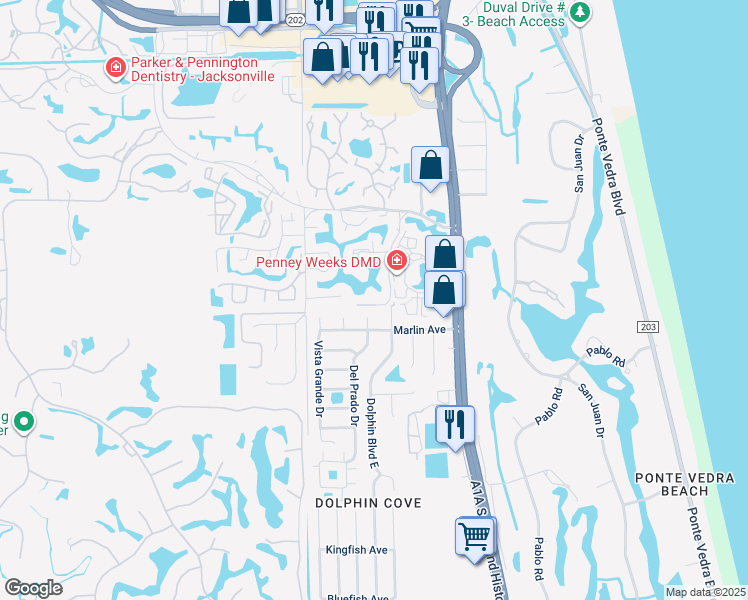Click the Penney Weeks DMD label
[x=319, y=263]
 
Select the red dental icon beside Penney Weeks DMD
[x=397, y=262]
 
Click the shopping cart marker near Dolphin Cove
[x=473, y=536]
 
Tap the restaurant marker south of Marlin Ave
[x=455, y=425]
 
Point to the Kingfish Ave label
[x=357, y=550]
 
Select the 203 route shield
[x=645, y=327]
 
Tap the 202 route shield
[x=293, y=19]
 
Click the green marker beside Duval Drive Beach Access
[x=579, y=12]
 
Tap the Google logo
[x=33, y=588]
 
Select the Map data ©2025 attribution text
[x=705, y=592]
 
